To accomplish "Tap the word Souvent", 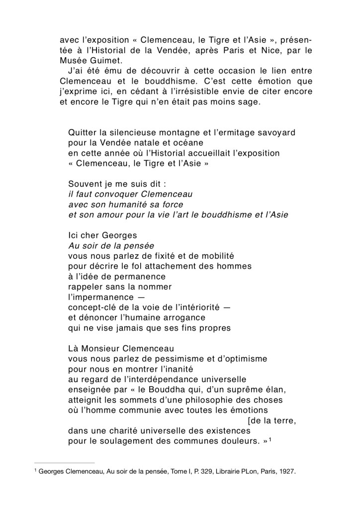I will click(85, 184).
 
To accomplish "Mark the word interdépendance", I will click(169, 378).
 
